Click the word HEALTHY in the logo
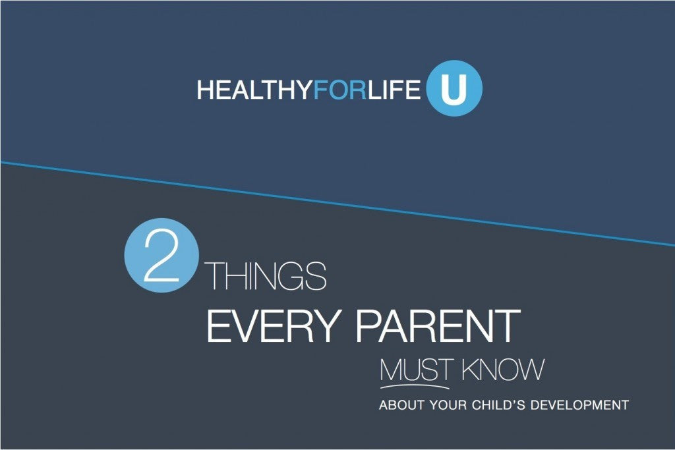coord(254,90)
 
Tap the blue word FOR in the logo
coord(339,90)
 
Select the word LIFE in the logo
coord(394,90)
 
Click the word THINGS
coord(267,277)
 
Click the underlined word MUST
coord(414,369)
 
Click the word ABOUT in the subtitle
coord(401,405)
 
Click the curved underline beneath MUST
coord(414,385)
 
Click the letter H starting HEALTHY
coord(204,90)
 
